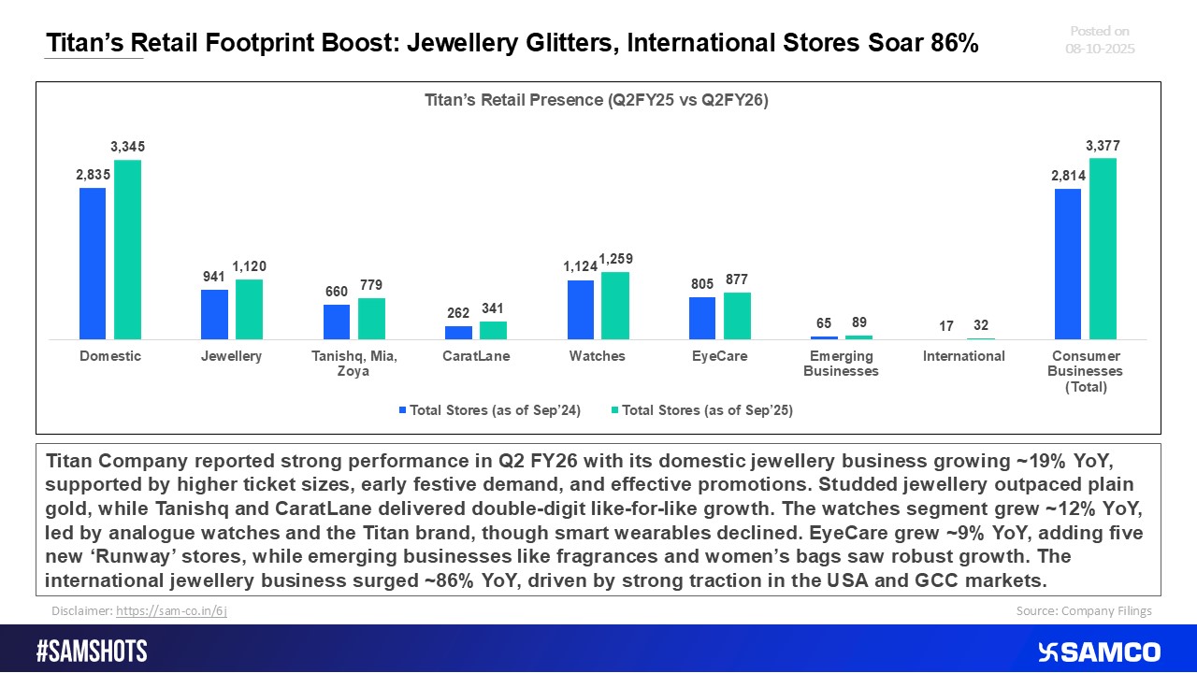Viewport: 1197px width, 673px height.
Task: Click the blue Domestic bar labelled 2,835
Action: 93,264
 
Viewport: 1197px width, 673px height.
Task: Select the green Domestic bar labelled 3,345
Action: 127,250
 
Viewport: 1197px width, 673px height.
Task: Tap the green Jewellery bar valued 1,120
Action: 249,309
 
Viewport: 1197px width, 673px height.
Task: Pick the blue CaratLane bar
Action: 458,333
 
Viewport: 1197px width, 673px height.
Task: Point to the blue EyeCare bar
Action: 702,318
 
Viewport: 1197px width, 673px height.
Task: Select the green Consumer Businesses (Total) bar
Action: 1103,249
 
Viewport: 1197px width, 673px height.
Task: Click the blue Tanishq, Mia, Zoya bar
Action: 337,322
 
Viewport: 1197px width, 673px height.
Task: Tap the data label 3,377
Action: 1103,146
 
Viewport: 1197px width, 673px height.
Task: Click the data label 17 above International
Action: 946,326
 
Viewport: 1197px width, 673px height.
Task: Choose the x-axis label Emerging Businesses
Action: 842,364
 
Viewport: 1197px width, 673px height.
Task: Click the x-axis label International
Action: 963,356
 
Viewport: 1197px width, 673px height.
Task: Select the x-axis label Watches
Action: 598,356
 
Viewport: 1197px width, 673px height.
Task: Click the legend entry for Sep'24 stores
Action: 489,410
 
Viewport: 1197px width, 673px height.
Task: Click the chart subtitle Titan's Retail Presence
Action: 597,101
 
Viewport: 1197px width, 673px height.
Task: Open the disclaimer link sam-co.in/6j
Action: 171,610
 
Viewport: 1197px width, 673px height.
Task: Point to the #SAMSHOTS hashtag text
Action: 92,652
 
